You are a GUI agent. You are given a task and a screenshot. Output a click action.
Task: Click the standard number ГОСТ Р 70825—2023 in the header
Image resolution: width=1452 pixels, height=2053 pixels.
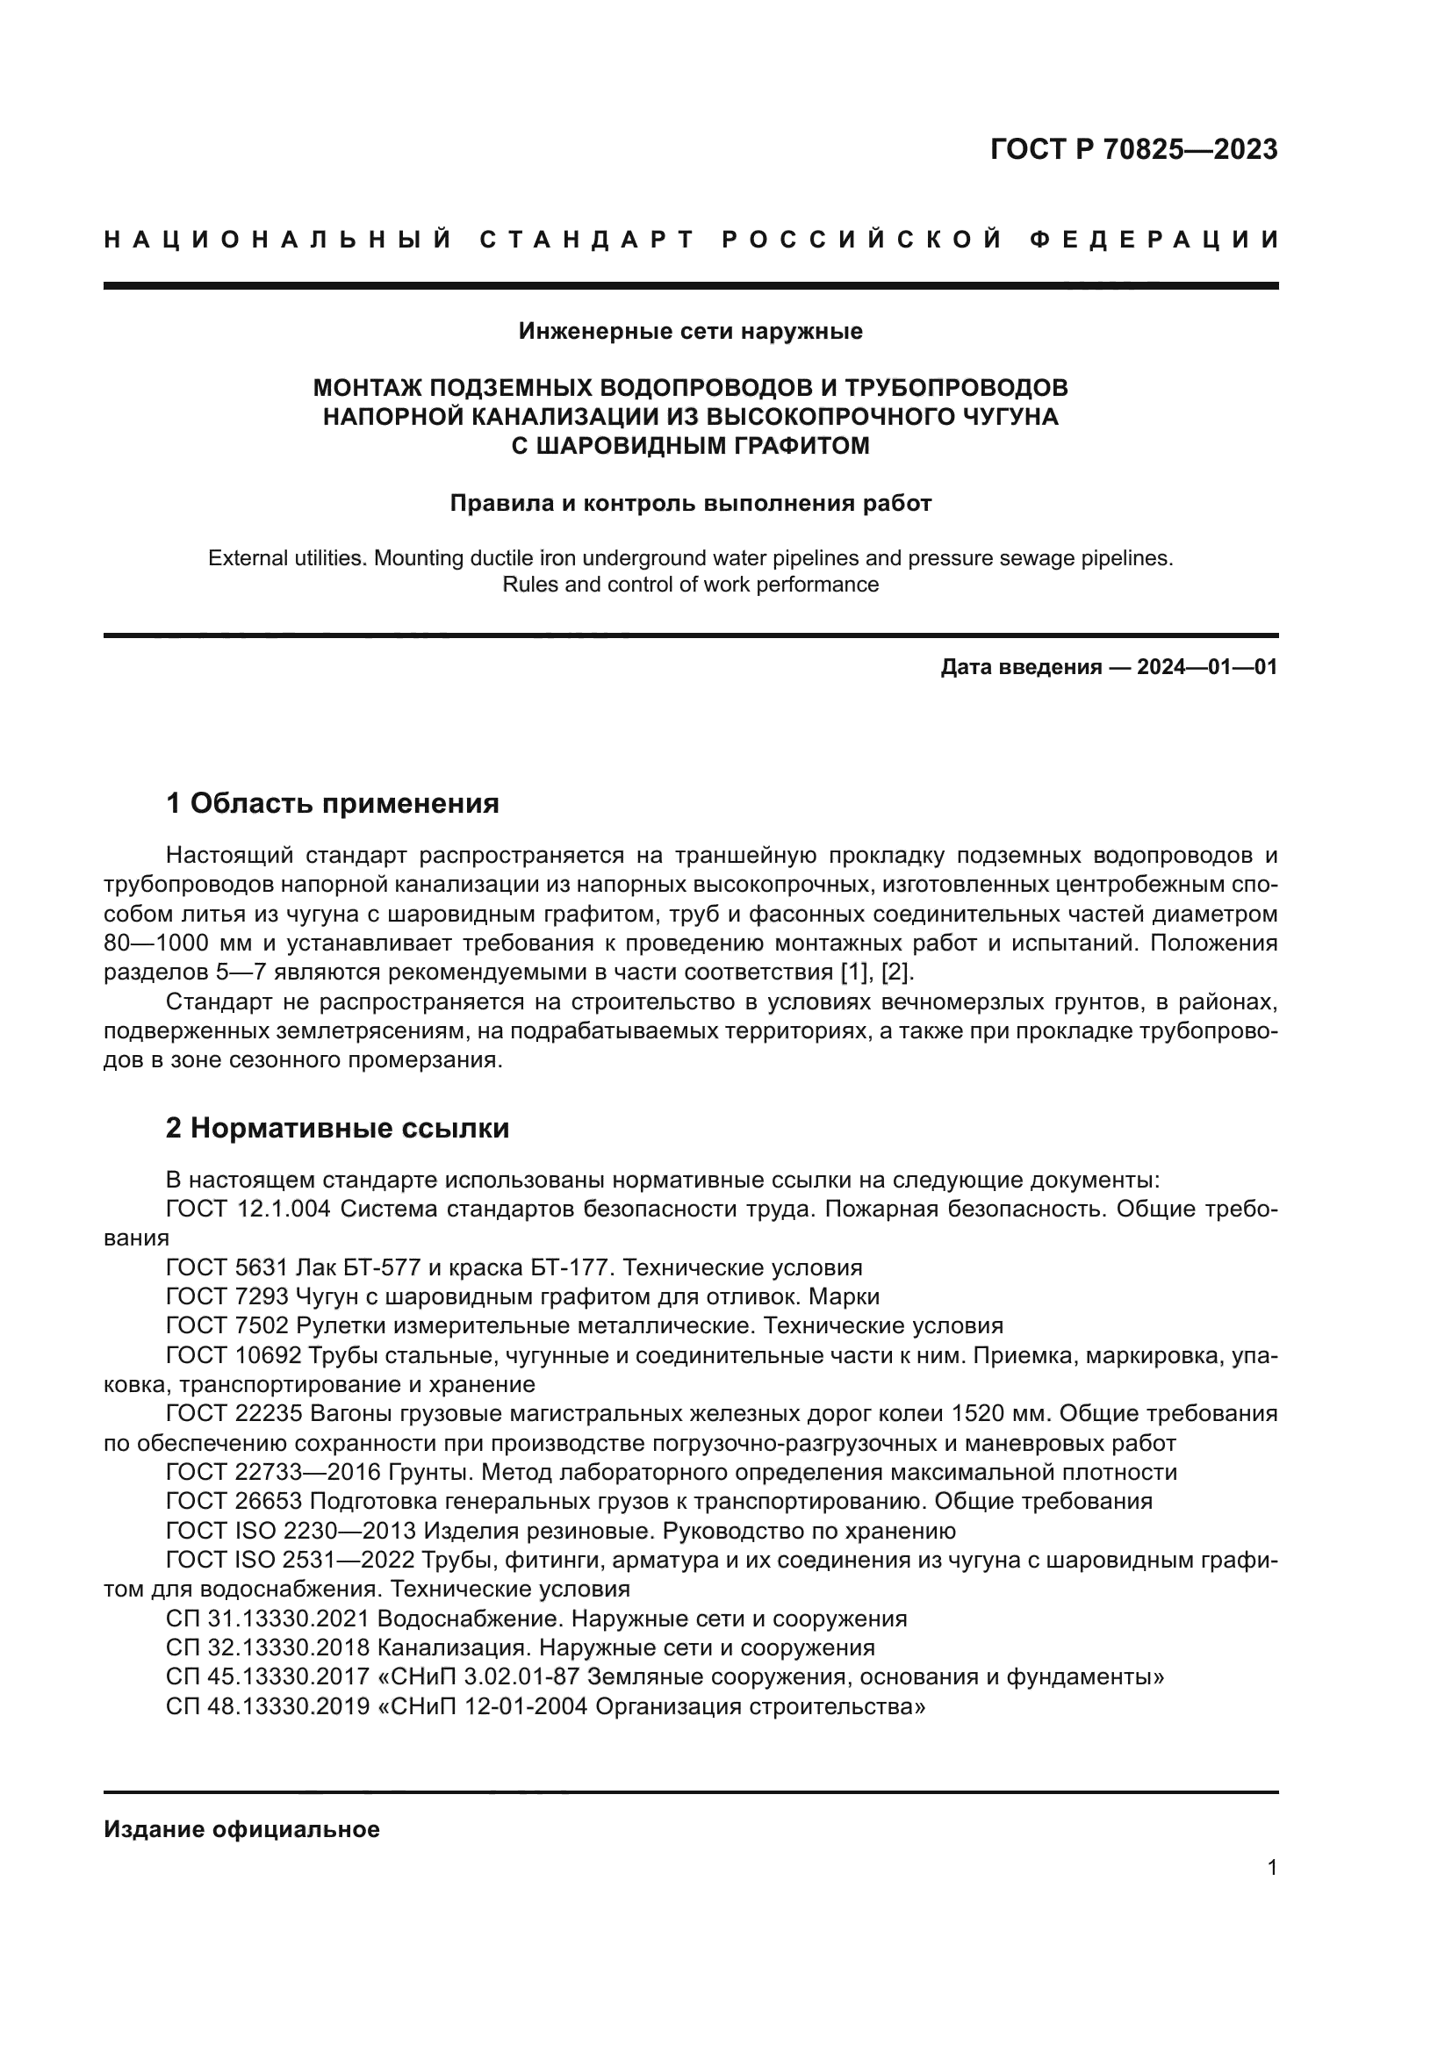click(1132, 149)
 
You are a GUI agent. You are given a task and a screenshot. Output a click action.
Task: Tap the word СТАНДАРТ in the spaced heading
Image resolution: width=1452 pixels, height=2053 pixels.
click(587, 240)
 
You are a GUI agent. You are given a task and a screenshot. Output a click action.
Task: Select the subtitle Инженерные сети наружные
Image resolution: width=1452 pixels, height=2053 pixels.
click(690, 332)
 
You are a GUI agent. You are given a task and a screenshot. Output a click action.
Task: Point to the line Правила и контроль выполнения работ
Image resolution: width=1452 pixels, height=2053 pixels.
click(690, 504)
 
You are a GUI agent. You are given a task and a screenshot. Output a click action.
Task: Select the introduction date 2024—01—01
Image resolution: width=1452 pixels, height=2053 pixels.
click(1206, 667)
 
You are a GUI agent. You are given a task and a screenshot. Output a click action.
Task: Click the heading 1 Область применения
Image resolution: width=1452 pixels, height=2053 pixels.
click(332, 803)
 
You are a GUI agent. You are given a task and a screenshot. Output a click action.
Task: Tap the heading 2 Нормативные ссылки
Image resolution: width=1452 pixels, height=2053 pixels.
click(337, 1128)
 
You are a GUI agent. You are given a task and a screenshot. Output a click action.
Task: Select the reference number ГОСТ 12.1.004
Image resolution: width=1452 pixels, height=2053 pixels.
click(248, 1209)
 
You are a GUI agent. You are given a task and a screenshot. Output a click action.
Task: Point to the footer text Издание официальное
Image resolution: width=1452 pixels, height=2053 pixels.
click(241, 1829)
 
